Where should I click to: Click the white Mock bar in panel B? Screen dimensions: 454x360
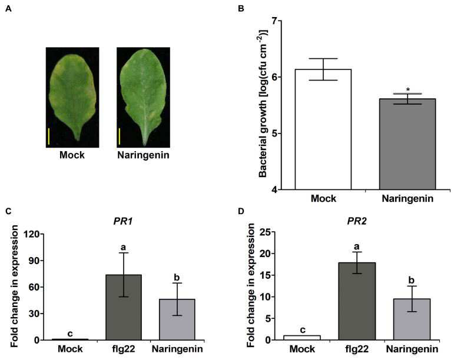[323, 129]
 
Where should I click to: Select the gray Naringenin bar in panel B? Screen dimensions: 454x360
[407, 144]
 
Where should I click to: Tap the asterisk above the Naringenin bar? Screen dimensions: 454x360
[407, 89]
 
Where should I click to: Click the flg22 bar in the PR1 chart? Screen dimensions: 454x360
[124, 308]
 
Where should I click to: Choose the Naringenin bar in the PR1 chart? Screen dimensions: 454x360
[177, 319]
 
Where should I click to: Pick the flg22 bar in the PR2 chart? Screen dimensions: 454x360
[357, 301]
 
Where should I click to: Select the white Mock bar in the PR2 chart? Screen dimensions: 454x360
[302, 338]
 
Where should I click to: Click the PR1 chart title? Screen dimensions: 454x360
[122, 222]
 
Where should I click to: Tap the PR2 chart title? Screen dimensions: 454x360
[357, 221]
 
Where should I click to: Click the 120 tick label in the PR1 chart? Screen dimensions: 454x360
[32, 234]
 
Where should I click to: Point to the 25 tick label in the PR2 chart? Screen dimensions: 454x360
[267, 232]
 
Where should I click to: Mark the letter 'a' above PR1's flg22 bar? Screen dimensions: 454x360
[124, 248]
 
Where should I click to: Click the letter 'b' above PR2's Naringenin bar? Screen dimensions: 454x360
[412, 280]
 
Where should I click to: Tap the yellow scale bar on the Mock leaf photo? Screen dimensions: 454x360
[49, 136]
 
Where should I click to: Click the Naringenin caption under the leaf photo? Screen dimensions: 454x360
[143, 155]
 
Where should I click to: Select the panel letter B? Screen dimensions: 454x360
[241, 9]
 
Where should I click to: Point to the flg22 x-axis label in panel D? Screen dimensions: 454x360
[357, 349]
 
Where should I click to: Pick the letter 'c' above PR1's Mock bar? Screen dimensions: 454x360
[70, 334]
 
